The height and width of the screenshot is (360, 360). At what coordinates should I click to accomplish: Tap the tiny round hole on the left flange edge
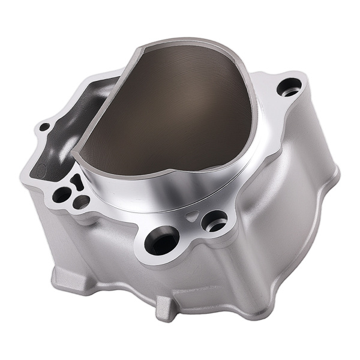[x=43, y=127]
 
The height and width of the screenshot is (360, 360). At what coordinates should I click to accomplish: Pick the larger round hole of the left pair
[x=61, y=194]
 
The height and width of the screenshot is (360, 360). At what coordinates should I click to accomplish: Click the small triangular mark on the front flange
[x=191, y=214]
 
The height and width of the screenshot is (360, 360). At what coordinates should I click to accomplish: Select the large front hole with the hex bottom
[x=160, y=240]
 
